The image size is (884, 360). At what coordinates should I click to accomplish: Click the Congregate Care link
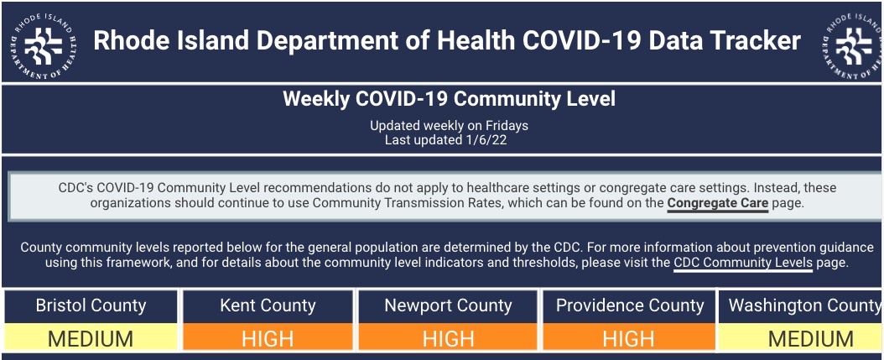point(717,203)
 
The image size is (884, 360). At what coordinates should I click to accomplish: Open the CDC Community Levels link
point(743,263)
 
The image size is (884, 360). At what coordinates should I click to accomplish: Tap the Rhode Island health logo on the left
point(44,44)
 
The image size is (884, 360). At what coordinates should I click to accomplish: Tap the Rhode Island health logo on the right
point(852,44)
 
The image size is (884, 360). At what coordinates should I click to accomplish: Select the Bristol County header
point(91,305)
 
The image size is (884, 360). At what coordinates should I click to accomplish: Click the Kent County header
point(268,305)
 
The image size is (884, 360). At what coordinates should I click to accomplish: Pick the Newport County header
point(448,305)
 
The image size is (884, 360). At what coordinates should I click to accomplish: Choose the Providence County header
point(630,305)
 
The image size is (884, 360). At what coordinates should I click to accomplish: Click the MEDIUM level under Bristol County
point(91,338)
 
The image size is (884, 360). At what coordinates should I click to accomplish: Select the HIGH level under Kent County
point(268,338)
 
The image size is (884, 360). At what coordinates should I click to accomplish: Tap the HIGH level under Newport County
point(448,338)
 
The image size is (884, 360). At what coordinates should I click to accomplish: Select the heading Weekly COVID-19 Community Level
point(449,99)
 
